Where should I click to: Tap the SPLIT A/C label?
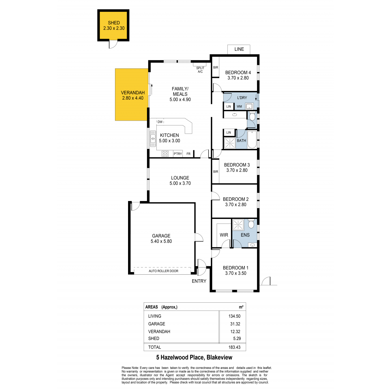(200, 70)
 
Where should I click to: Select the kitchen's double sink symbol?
(153, 138)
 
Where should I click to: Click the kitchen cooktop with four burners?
(165, 153)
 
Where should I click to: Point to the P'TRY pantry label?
(178, 154)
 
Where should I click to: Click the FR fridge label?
(189, 154)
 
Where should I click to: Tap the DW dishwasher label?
(160, 122)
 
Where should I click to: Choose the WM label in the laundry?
(239, 107)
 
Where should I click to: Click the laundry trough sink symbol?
(249, 106)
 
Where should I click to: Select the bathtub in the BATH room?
(252, 139)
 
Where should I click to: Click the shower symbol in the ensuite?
(238, 225)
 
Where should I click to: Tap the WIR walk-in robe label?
(224, 235)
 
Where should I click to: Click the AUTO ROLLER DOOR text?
(163, 271)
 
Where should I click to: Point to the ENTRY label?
(199, 281)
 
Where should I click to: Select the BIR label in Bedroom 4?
(215, 67)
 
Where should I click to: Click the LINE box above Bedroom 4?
(239, 49)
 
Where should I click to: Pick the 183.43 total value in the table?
(234, 347)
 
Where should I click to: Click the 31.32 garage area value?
(235, 324)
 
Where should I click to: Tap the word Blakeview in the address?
(219, 357)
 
